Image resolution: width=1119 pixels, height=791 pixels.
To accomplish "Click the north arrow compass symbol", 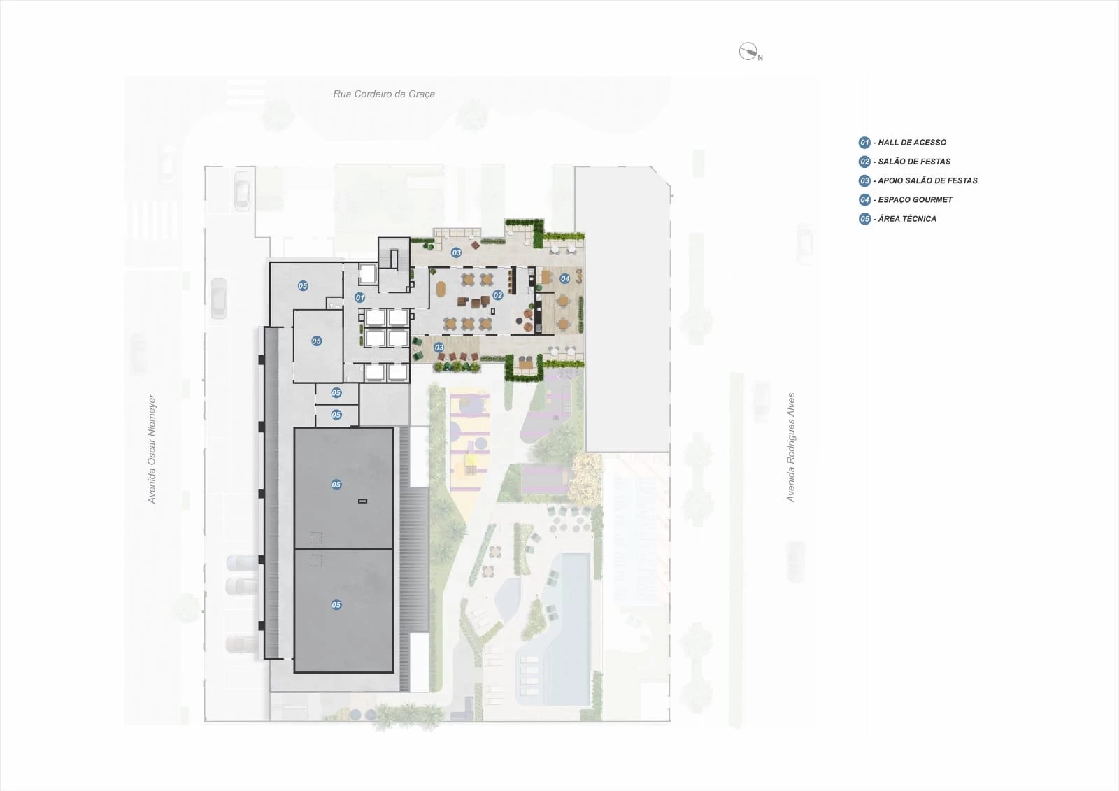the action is tap(748, 52).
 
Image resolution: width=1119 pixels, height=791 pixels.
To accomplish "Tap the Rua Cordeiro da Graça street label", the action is tap(384, 94).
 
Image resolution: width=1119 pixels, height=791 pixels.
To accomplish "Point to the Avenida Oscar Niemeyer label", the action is tap(151, 449).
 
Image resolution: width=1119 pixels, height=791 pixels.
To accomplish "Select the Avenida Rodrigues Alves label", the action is tap(791, 447).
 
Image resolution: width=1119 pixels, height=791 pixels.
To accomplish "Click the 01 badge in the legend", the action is tap(864, 143).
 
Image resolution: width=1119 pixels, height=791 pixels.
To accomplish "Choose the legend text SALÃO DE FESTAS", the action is tap(914, 162).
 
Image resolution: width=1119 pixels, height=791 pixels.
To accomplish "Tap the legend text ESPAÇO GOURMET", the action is tap(915, 199).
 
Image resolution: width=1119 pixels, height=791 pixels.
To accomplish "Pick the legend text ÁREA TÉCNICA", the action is tap(907, 218).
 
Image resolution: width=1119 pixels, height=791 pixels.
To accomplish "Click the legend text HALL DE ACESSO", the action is tap(912, 143).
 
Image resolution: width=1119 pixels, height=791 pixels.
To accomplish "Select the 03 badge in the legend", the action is tap(864, 181).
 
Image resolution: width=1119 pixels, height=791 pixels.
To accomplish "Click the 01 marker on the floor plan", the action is tap(359, 298).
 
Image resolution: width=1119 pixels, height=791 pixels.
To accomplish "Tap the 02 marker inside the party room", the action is tap(497, 295).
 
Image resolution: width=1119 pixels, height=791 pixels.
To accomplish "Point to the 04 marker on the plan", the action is tap(564, 279).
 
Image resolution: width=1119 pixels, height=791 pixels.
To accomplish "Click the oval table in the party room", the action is tap(441, 289).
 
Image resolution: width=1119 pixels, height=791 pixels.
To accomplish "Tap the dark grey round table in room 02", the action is tap(527, 314).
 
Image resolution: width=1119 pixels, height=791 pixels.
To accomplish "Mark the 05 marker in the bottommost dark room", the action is tap(336, 605).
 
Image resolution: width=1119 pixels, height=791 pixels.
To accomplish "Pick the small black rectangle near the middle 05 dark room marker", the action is tap(363, 501).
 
